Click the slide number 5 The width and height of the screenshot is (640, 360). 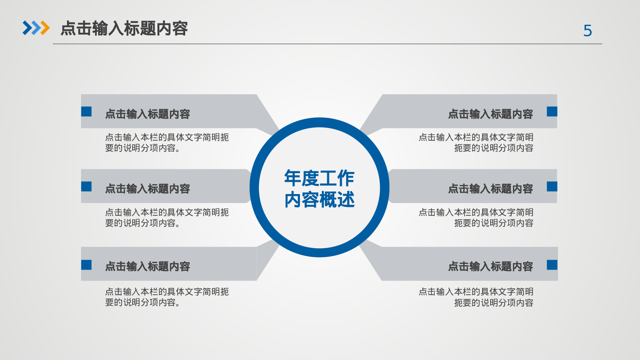click(x=588, y=31)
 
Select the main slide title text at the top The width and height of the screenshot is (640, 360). click(x=124, y=29)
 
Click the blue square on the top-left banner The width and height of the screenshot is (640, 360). click(x=87, y=111)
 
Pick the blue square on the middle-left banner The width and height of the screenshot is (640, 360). click(x=87, y=186)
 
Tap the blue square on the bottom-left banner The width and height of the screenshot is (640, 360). click(x=87, y=265)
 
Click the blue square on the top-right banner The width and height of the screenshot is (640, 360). click(x=552, y=111)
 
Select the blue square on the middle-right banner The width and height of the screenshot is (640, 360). click(x=552, y=186)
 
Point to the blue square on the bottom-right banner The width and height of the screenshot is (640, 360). click(x=552, y=265)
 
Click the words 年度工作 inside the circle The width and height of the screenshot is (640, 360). click(x=319, y=178)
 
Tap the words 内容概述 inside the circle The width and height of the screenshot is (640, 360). click(x=319, y=200)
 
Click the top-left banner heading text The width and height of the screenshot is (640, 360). click(x=148, y=114)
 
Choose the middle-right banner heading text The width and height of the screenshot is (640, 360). click(x=490, y=189)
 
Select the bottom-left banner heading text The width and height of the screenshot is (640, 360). click(x=148, y=267)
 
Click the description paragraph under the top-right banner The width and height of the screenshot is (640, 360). click(x=476, y=142)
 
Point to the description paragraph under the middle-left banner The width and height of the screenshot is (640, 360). click(x=167, y=218)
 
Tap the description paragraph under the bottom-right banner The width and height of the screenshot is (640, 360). click(x=476, y=297)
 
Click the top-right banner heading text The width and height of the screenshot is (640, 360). click(x=490, y=114)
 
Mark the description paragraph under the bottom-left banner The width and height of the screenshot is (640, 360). click(x=167, y=297)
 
